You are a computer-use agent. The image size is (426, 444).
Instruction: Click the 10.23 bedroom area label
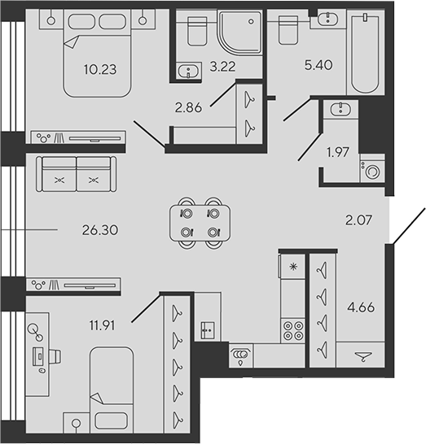[100, 69]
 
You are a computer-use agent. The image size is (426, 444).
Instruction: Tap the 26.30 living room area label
[100, 230]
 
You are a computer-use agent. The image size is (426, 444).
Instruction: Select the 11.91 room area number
[102, 325]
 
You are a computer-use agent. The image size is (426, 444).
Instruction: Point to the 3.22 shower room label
[222, 66]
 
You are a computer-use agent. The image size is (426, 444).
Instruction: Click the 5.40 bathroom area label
[318, 65]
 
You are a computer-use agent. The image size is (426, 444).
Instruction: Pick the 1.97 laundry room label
[337, 152]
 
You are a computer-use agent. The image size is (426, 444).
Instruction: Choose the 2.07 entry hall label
[358, 220]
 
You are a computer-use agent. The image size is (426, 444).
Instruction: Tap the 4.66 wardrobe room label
[361, 307]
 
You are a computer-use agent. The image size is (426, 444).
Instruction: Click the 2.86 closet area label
[188, 107]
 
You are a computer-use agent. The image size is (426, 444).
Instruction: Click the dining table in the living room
[200, 223]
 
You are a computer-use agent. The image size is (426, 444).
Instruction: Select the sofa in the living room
[76, 174]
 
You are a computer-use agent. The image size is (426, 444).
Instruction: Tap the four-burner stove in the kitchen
[293, 330]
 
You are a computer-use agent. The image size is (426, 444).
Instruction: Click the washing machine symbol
[372, 168]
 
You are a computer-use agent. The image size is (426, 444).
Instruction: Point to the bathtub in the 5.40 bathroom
[365, 53]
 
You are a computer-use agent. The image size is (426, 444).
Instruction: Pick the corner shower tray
[239, 32]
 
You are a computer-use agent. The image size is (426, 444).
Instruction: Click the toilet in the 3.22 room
[197, 31]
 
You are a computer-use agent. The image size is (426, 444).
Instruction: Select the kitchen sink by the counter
[208, 330]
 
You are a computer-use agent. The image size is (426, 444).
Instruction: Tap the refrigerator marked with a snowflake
[292, 266]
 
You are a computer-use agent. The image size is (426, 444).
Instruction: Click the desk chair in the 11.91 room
[55, 356]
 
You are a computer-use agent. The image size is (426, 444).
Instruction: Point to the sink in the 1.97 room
[340, 109]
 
